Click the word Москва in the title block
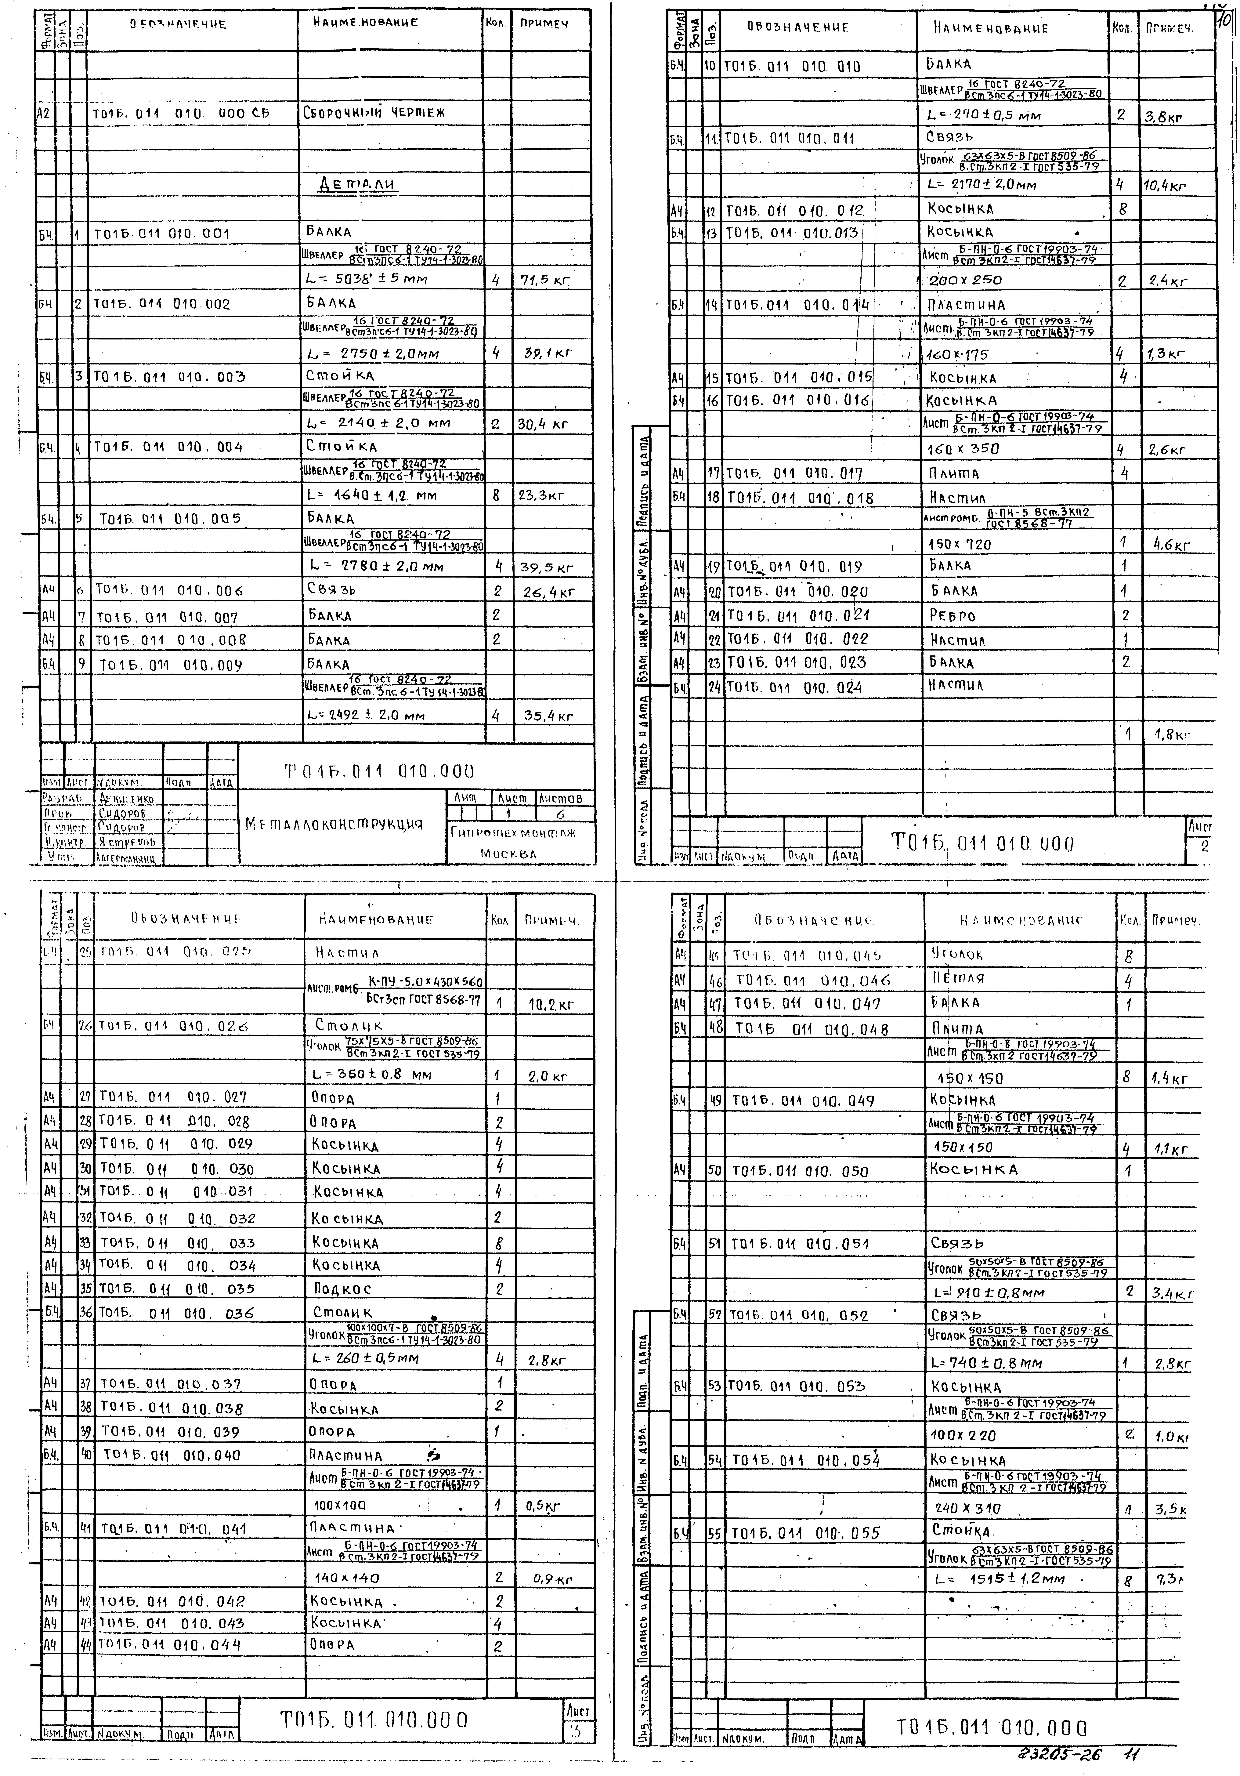pyautogui.click(x=508, y=854)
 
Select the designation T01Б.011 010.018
pyautogui.click(x=800, y=499)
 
